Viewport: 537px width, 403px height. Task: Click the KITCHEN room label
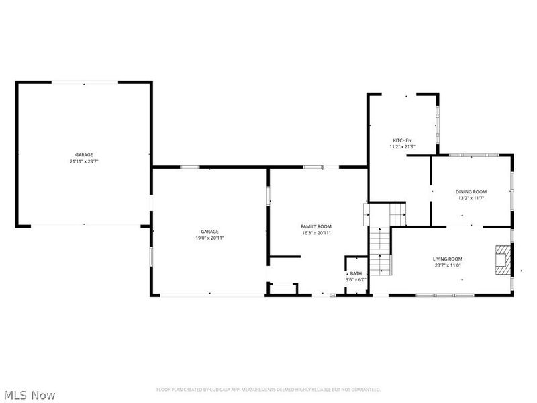[402, 140]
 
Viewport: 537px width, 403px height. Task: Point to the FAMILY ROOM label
[315, 226]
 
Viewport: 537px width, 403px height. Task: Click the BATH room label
[356, 273]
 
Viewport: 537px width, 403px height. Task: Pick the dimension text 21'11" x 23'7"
[84, 161]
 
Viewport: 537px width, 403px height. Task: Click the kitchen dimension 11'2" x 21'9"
[402, 146]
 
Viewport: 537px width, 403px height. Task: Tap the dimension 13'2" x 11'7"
[471, 198]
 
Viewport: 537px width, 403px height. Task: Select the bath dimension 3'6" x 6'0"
[356, 279]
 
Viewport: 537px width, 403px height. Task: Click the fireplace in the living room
[503, 260]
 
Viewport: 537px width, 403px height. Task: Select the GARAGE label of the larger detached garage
[84, 155]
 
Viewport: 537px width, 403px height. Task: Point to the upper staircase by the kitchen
[386, 214]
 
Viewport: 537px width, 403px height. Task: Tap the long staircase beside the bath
[381, 251]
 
